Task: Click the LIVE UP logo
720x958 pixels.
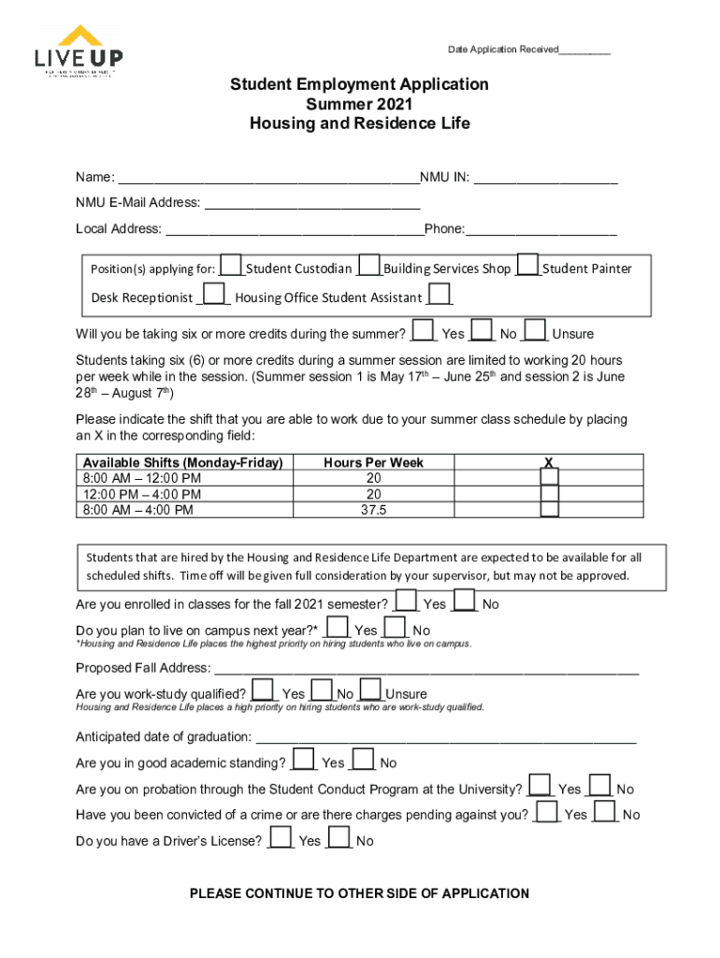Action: pos(79,52)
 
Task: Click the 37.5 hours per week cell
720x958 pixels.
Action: pos(374,510)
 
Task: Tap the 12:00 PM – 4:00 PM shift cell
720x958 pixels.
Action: pos(185,494)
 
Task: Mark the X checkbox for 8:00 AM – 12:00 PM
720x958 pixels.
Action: pos(550,478)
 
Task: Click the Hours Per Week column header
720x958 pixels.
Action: pos(374,462)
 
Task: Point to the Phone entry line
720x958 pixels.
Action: pos(541,229)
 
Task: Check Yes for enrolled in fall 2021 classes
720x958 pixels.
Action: pos(407,601)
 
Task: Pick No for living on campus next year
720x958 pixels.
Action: pos(396,628)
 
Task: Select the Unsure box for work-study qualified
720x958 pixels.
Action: pos(370,691)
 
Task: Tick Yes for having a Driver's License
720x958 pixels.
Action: pos(281,837)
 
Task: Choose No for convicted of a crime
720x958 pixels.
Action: pos(606,811)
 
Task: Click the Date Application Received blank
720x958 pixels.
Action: pos(584,50)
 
